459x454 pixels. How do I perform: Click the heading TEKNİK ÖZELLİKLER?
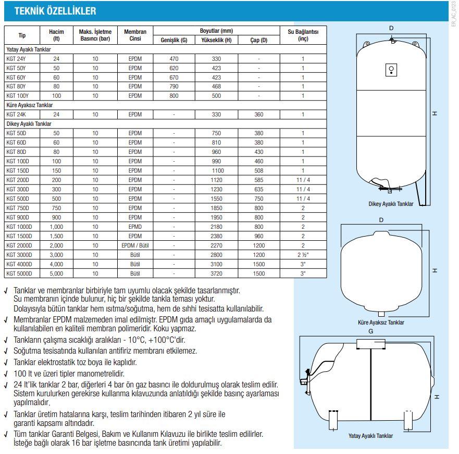click(55, 11)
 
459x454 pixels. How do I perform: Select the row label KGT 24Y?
click(16, 59)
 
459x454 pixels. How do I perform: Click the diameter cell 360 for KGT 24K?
click(258, 114)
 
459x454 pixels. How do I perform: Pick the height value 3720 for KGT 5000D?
click(216, 273)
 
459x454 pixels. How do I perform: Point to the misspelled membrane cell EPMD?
click(135, 227)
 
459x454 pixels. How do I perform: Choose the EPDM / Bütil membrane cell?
click(135, 245)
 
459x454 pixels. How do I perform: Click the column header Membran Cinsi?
click(135, 35)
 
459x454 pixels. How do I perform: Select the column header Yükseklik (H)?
click(216, 40)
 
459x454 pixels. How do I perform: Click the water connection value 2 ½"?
click(303, 255)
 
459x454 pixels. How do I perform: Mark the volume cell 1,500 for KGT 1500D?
click(56, 236)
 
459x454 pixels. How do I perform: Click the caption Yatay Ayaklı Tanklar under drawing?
click(370, 436)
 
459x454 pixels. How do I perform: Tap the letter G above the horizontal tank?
click(370, 331)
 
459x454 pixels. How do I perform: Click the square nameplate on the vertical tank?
click(391, 70)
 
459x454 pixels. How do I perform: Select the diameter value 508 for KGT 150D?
click(258, 170)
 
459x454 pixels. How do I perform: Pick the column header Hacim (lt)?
click(56, 35)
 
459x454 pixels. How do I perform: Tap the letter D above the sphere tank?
click(381, 220)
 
